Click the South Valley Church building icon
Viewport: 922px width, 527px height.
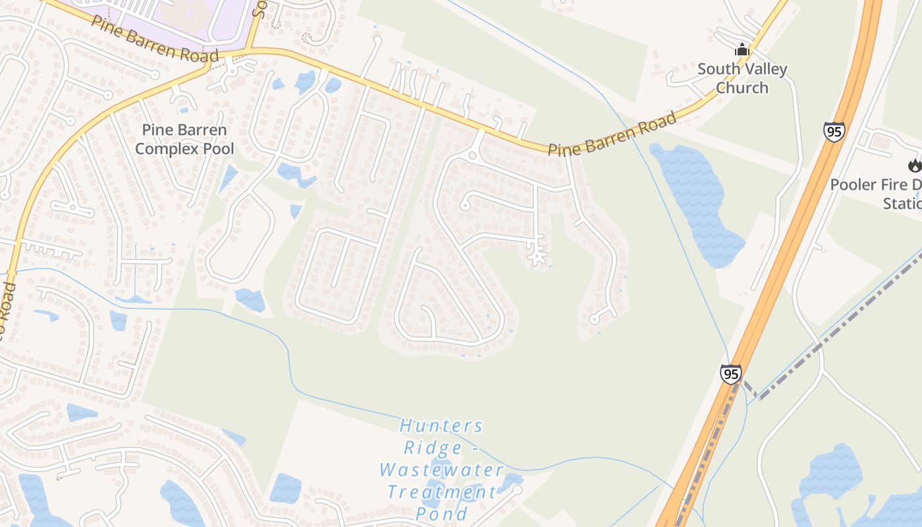point(742,49)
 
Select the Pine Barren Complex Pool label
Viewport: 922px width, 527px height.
point(184,140)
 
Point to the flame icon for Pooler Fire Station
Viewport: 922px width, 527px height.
point(915,165)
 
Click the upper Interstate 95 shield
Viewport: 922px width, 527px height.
point(834,132)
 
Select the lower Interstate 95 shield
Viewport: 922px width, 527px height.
point(730,374)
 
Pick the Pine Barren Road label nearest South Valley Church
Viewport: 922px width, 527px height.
point(612,135)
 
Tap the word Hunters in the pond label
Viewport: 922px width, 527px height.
point(441,426)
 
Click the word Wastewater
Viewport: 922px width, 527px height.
point(441,470)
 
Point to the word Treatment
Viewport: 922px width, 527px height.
point(441,492)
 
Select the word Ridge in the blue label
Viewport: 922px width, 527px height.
point(433,449)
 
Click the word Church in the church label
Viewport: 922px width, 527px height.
point(742,88)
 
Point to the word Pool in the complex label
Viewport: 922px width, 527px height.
point(219,149)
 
